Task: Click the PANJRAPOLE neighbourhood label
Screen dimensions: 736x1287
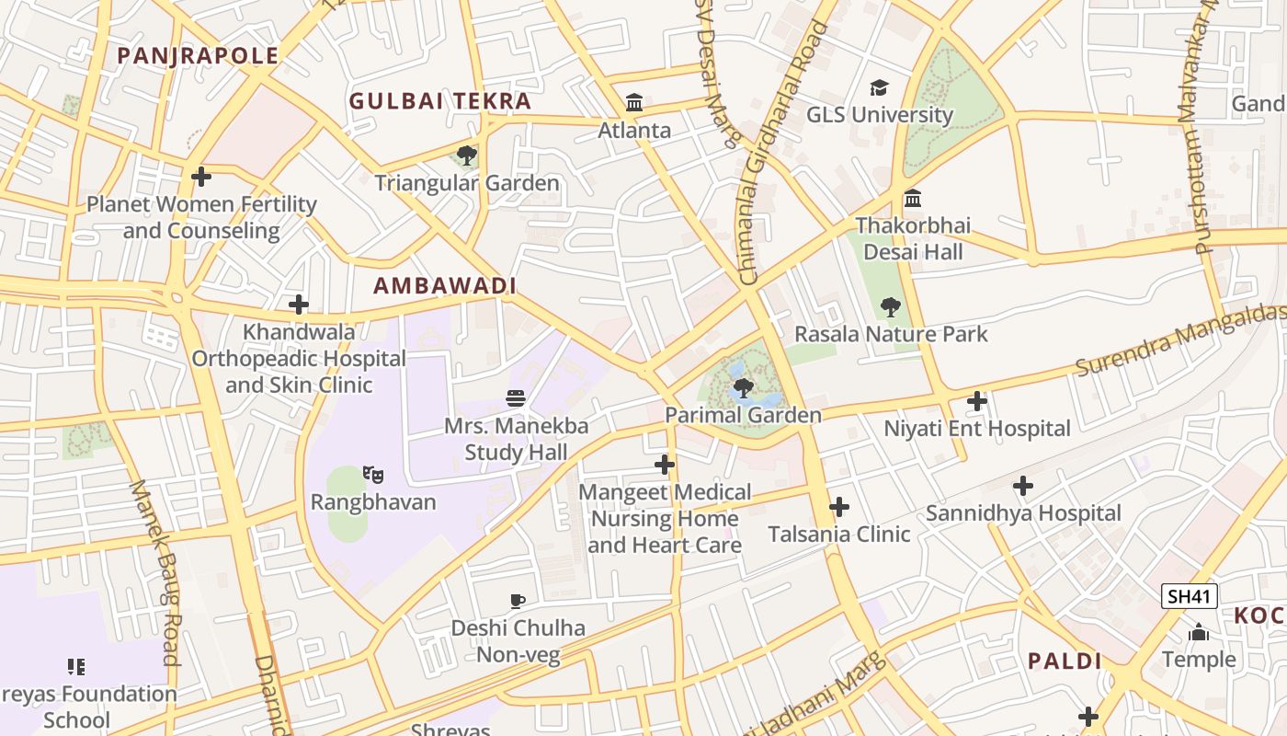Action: (x=198, y=55)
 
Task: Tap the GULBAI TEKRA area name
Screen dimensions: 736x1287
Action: (x=440, y=101)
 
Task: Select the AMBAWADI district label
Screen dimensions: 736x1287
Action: (x=445, y=286)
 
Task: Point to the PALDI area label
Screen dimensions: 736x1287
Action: (x=1065, y=661)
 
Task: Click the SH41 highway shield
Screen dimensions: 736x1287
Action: (x=1189, y=596)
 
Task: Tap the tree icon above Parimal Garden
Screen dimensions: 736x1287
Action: (x=744, y=388)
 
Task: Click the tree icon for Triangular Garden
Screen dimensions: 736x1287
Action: (x=466, y=155)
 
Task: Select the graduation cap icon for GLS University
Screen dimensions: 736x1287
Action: (x=880, y=87)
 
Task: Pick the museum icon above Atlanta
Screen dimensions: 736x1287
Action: (x=634, y=102)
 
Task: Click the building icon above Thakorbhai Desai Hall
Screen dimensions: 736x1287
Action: (x=913, y=199)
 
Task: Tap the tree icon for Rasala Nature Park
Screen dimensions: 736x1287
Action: (x=890, y=306)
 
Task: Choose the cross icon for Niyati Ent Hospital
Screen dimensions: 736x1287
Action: (x=977, y=401)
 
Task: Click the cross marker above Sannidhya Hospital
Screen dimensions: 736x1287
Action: (x=1022, y=486)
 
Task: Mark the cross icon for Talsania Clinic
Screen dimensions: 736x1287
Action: (x=838, y=506)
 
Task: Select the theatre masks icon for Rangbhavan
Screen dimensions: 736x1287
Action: (x=372, y=475)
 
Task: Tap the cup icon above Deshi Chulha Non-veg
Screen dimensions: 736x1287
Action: (x=518, y=602)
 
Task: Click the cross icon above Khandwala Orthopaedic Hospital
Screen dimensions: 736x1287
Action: (x=298, y=304)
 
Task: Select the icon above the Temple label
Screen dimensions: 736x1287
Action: (x=1199, y=632)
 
